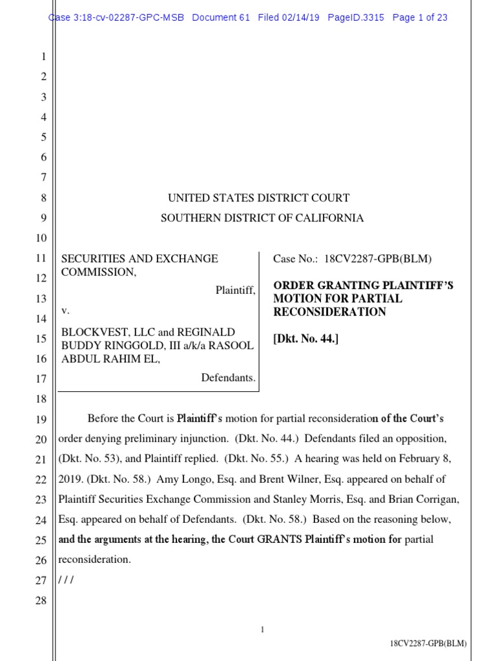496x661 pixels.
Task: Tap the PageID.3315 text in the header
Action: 356,17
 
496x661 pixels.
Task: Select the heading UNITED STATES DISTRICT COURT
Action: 259,198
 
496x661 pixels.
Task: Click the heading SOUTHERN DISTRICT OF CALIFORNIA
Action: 262,218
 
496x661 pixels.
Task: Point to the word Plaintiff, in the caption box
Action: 235,291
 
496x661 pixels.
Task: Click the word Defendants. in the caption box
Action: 228,378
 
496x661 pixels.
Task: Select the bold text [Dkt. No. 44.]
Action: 305,340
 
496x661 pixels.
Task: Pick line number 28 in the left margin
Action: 41,601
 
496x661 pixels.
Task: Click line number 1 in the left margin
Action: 43,57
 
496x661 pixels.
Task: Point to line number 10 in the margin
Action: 41,238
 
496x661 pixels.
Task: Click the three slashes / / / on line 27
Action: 67,580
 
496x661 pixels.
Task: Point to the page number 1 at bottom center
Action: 263,629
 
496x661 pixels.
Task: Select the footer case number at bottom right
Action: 428,644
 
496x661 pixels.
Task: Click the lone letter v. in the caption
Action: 65,311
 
